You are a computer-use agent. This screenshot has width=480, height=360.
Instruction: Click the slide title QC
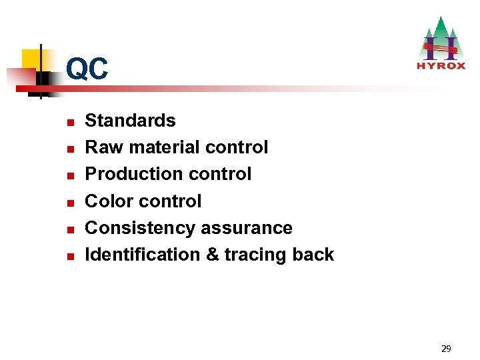(x=87, y=69)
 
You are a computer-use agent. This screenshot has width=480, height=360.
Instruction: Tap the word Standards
(x=130, y=121)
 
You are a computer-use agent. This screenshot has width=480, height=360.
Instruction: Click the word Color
(x=109, y=201)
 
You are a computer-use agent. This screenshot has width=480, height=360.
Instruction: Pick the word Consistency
(x=140, y=227)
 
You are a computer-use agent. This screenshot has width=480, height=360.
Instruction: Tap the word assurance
(x=246, y=228)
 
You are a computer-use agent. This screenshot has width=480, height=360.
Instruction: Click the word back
(x=313, y=254)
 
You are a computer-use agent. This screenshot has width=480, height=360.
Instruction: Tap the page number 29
(x=446, y=348)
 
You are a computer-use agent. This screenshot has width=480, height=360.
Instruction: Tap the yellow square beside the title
(x=31, y=59)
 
